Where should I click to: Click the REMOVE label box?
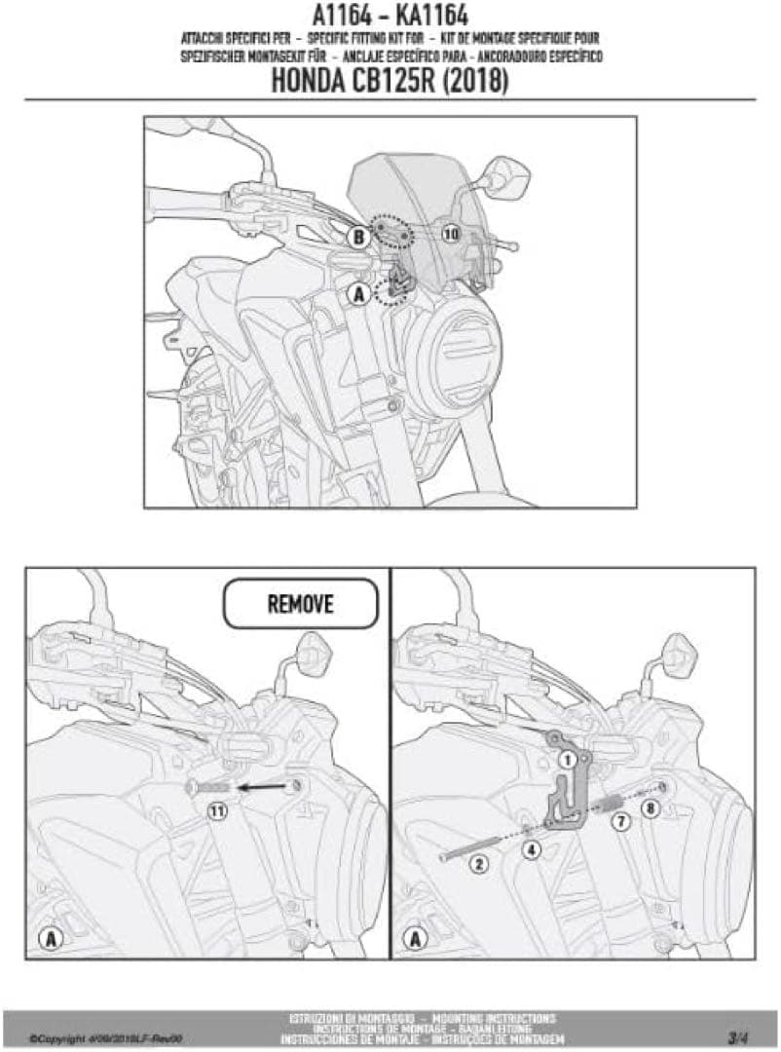click(x=300, y=604)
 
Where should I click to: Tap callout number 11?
click(x=216, y=809)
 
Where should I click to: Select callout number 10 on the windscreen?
click(x=450, y=234)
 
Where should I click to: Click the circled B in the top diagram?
click(x=358, y=237)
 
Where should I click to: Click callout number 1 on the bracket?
click(x=564, y=757)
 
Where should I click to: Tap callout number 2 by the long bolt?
click(x=478, y=863)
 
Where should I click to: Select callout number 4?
click(x=532, y=848)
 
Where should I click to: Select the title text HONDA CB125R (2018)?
click(x=390, y=82)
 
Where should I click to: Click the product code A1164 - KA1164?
click(x=390, y=16)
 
